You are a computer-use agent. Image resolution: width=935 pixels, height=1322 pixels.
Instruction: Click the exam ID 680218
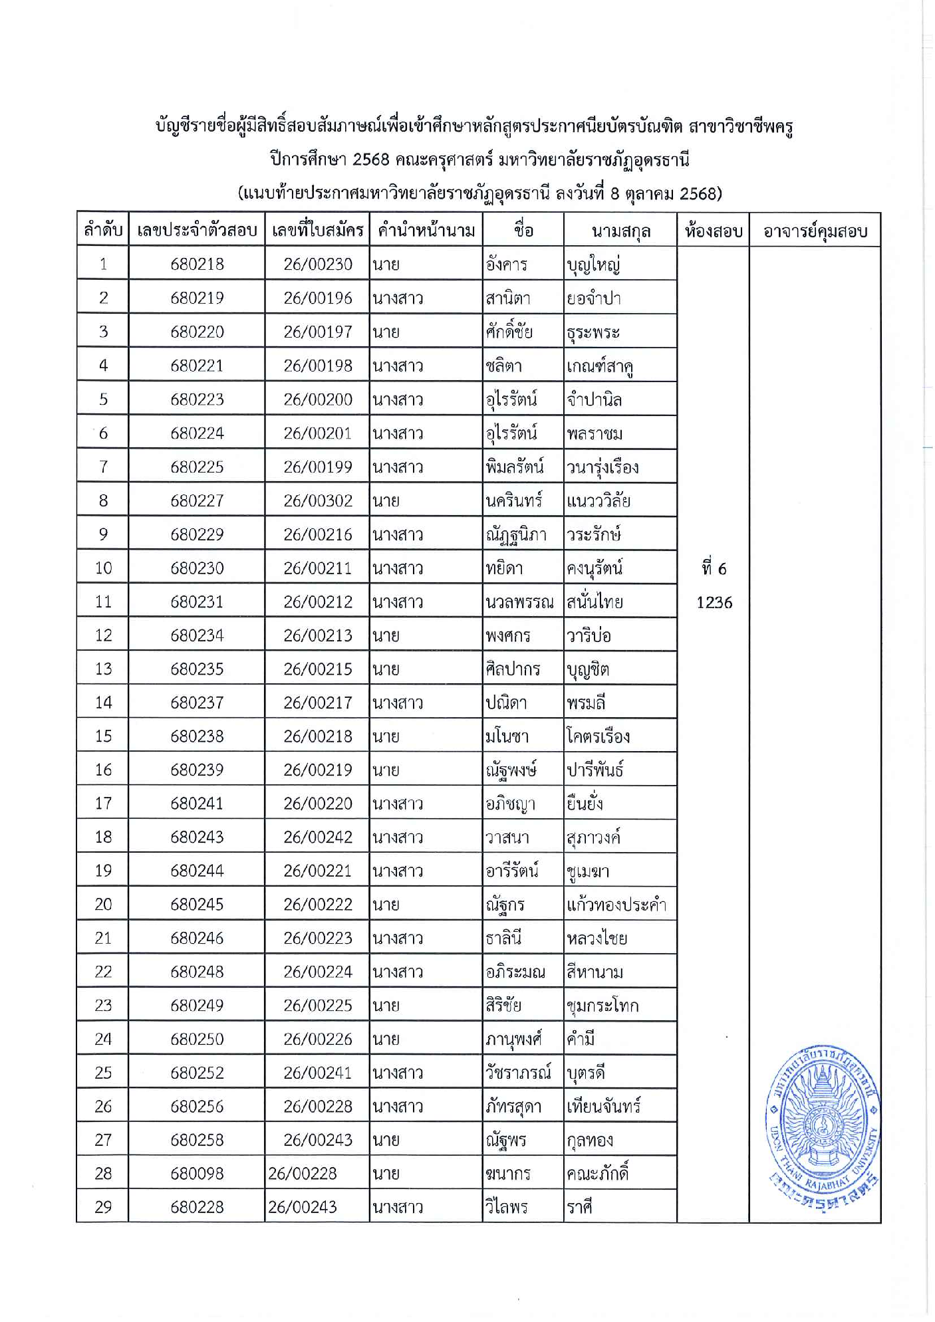(x=197, y=264)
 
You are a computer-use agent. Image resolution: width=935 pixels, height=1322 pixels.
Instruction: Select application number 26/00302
(x=318, y=500)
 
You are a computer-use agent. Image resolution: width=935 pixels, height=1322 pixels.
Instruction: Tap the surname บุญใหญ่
(x=593, y=265)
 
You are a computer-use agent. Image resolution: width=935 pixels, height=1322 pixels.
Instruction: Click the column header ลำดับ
(x=103, y=231)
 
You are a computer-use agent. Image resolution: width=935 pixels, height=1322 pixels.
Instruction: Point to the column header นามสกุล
(x=620, y=231)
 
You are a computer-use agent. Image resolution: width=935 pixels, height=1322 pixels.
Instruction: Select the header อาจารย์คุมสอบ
(x=815, y=231)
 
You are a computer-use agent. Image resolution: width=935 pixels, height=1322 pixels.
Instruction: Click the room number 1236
(x=714, y=602)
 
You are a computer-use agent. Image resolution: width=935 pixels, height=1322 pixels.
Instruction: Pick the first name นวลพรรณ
(x=519, y=602)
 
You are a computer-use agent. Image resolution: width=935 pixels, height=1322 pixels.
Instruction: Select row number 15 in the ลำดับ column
(x=103, y=736)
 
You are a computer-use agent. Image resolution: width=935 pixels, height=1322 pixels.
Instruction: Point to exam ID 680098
(x=197, y=1174)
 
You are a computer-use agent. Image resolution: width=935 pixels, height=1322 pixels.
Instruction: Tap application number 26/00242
(x=318, y=837)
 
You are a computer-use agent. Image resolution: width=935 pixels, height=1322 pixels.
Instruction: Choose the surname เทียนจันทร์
(x=604, y=1107)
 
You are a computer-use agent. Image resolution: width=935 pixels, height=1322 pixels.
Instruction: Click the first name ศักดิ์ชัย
(x=509, y=331)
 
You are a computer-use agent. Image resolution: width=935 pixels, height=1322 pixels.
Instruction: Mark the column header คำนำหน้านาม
(x=426, y=231)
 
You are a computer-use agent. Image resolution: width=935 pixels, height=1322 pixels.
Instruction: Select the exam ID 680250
(x=197, y=1039)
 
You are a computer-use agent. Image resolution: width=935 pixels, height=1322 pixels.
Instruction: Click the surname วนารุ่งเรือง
(x=602, y=467)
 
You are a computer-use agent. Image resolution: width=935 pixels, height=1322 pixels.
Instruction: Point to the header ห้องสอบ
(x=713, y=231)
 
